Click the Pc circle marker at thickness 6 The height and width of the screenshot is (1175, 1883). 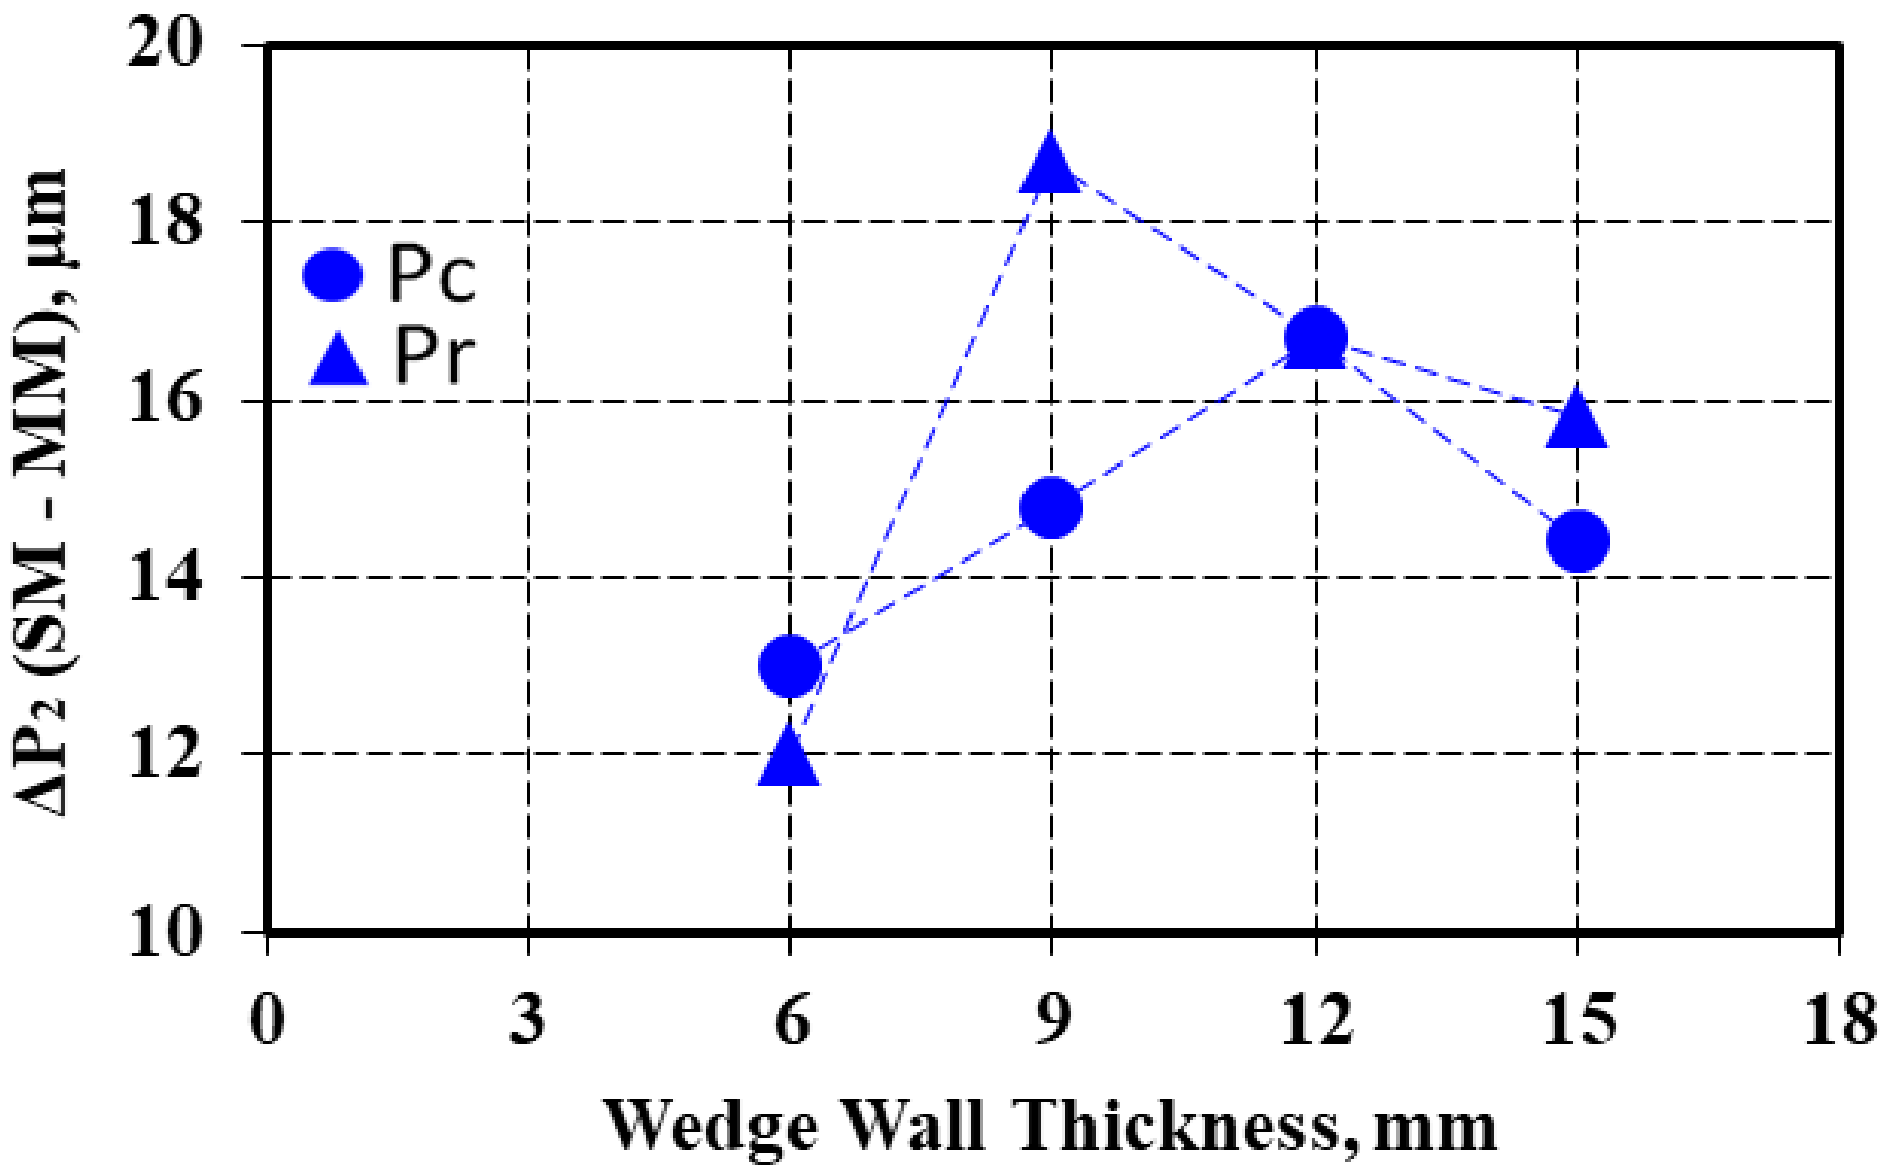[x=790, y=666]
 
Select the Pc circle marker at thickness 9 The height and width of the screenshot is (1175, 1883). [x=1051, y=507]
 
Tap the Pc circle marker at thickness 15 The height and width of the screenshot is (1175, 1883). [x=1578, y=541]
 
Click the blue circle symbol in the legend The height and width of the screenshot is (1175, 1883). [x=333, y=275]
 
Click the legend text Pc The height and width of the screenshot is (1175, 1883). [x=432, y=275]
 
